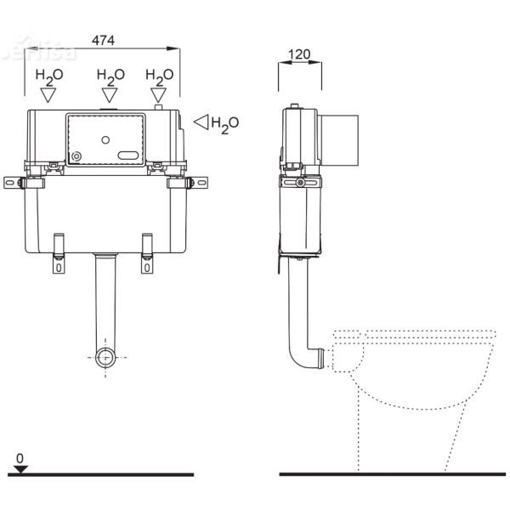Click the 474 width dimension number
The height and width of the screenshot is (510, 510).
[x=103, y=40]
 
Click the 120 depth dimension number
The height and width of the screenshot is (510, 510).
[x=299, y=54]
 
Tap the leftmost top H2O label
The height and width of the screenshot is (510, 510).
[x=48, y=76]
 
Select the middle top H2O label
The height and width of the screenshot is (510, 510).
[x=110, y=76]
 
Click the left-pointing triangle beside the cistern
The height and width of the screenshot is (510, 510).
[x=201, y=122]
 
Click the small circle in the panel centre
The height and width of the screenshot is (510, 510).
[x=105, y=138]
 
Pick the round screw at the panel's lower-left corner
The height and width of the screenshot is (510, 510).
[x=77, y=157]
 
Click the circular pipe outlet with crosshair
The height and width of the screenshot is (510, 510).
[x=105, y=357]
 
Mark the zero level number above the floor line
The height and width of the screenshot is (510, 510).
[x=20, y=457]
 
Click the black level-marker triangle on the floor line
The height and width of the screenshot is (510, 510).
[x=20, y=468]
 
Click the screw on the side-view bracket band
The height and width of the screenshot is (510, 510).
[x=300, y=182]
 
